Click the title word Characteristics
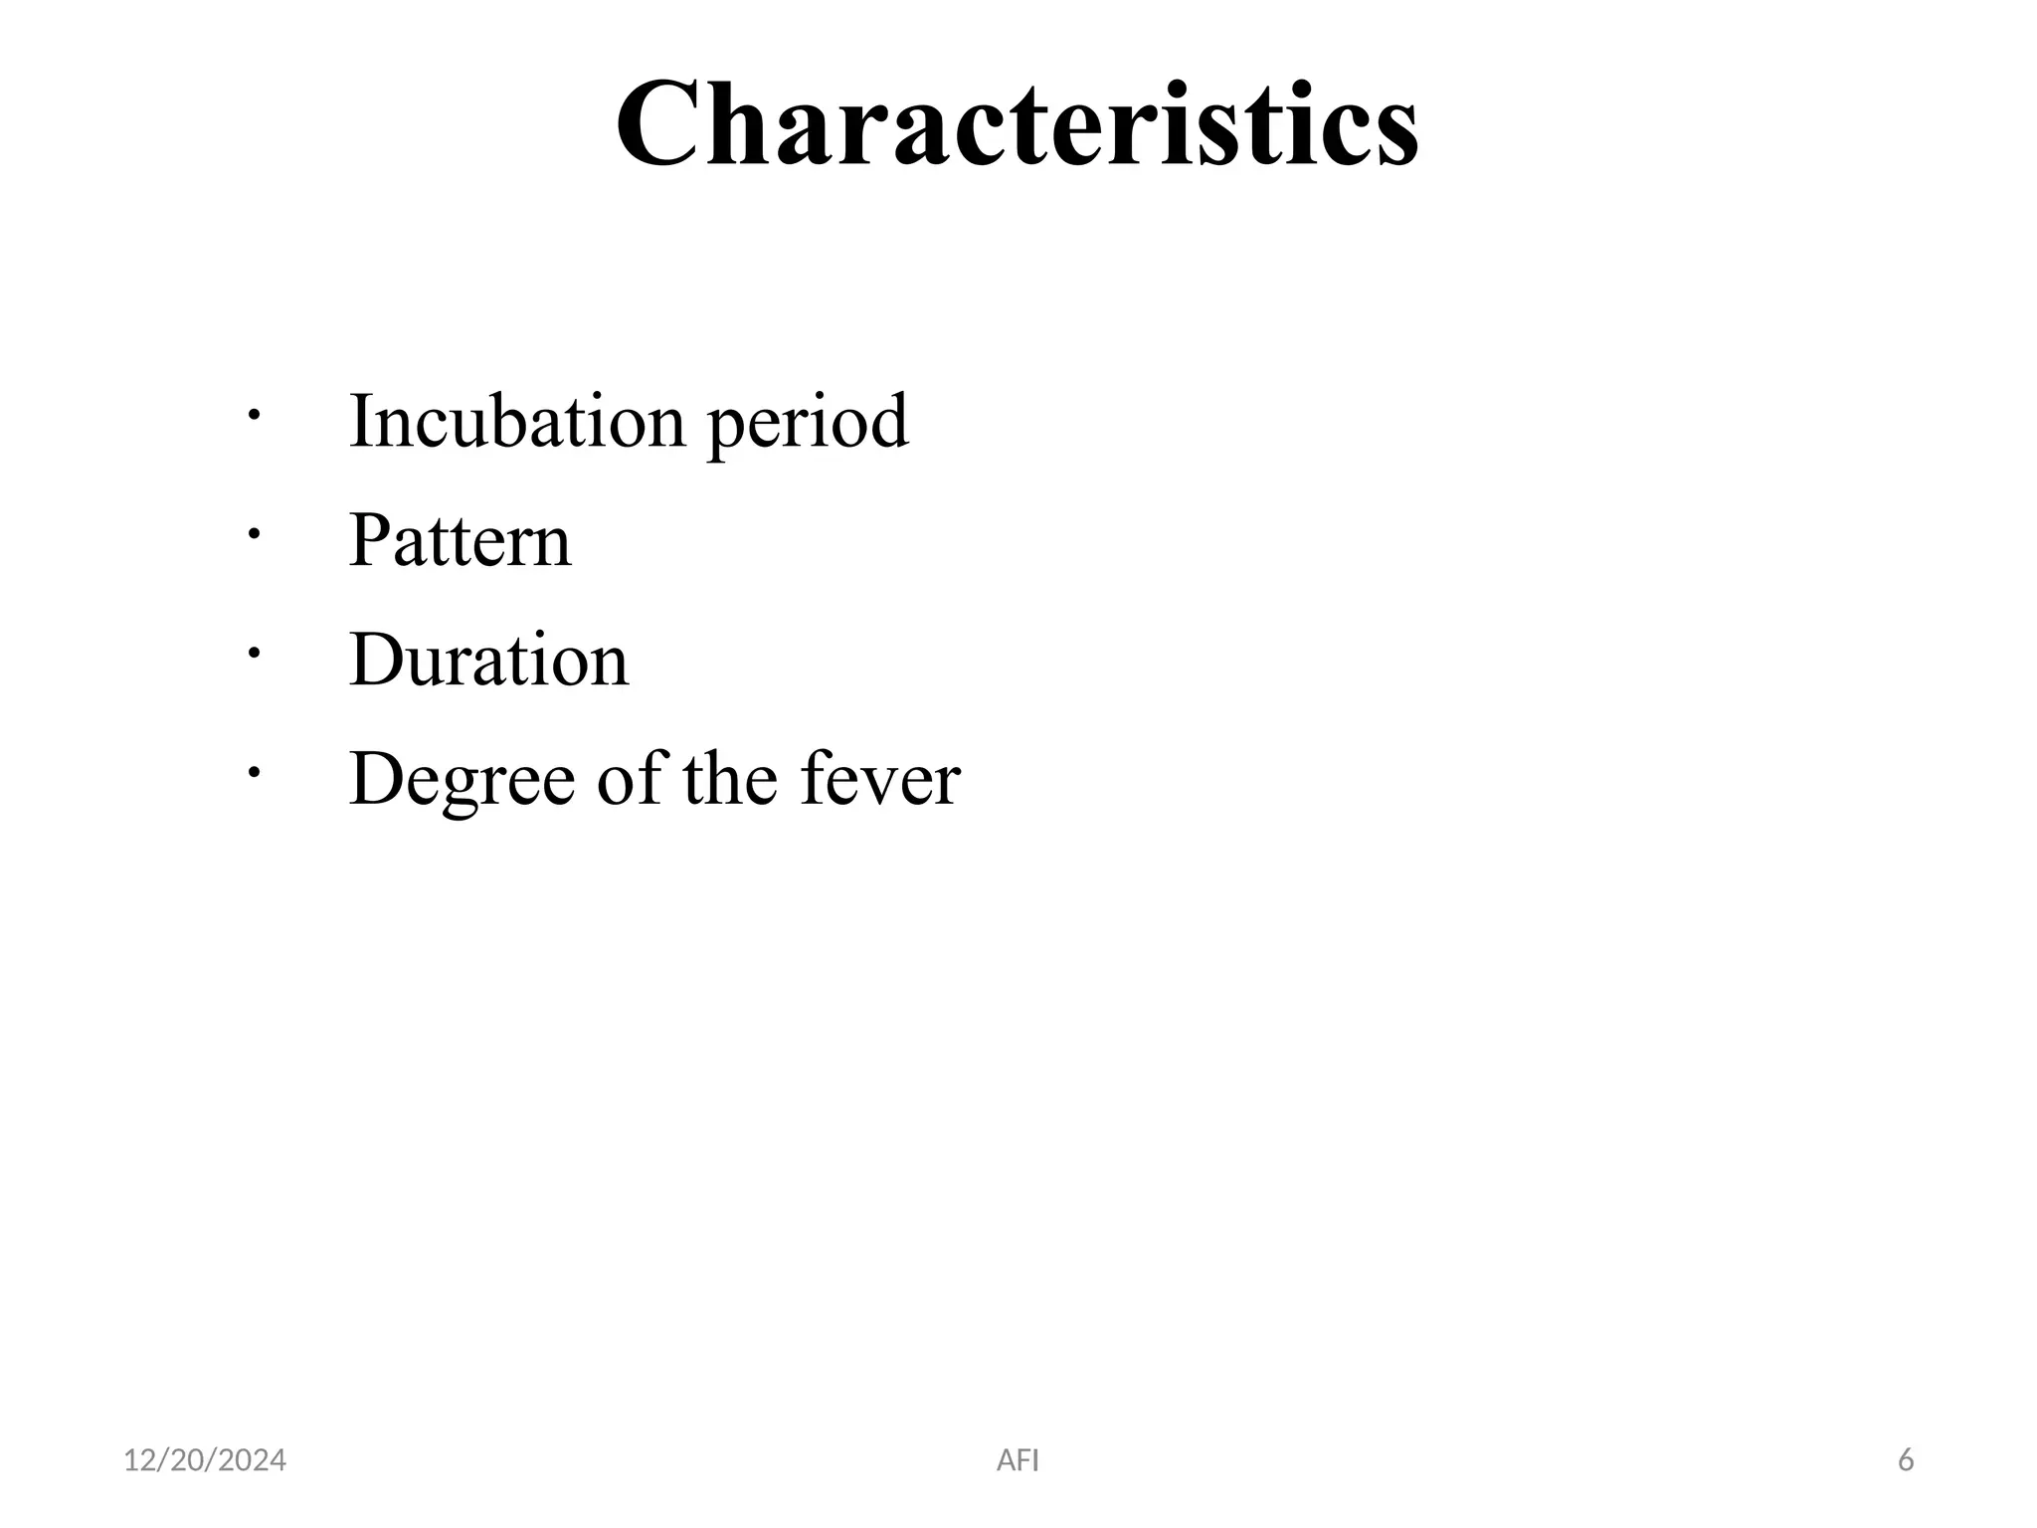(x=1018, y=125)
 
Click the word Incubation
(x=517, y=421)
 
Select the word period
(x=808, y=425)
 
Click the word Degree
(x=463, y=780)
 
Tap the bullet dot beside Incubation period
(x=255, y=414)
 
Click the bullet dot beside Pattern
(x=255, y=534)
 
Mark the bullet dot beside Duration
(x=255, y=653)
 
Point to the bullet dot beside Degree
(x=255, y=772)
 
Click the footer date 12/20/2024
(x=205, y=1460)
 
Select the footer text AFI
(x=1018, y=1460)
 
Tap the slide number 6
(x=1906, y=1460)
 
